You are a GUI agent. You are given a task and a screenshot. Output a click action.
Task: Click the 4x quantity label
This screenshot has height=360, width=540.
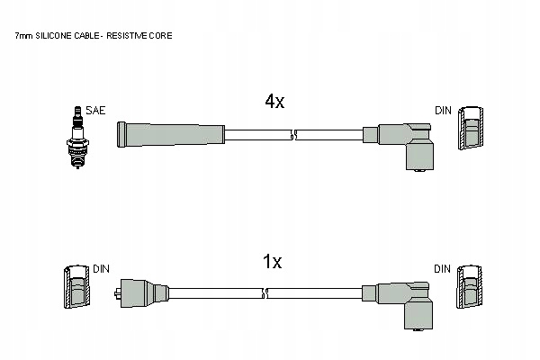pyautogui.click(x=274, y=102)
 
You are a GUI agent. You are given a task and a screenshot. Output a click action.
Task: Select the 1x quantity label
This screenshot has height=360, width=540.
pyautogui.click(x=272, y=262)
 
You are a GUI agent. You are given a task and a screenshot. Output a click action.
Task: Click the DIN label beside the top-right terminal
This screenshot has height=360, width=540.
pyautogui.click(x=442, y=110)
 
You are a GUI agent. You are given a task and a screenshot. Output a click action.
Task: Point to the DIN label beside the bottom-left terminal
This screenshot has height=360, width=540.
pyautogui.click(x=101, y=268)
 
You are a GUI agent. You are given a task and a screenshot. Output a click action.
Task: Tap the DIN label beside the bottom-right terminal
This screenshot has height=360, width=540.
pyautogui.click(x=442, y=268)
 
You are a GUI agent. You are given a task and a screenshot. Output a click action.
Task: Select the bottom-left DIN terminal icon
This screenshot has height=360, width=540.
pyautogui.click(x=75, y=290)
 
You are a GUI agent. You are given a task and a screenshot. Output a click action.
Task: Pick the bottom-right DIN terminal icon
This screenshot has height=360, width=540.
pyautogui.click(x=470, y=290)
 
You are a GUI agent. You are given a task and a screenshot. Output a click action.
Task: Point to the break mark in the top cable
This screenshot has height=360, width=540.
pyautogui.click(x=294, y=136)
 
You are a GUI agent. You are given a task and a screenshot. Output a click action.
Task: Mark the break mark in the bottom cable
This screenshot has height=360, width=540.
pyautogui.click(x=294, y=293)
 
